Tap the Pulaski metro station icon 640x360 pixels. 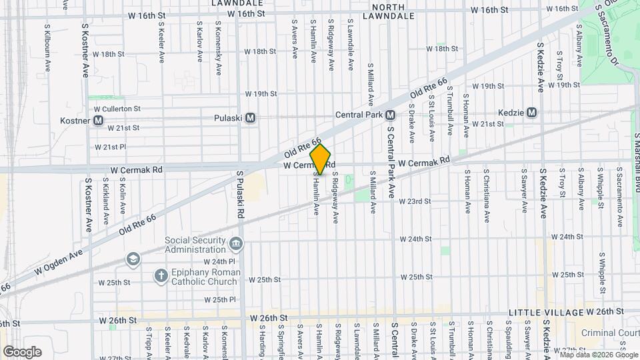coord(251,118)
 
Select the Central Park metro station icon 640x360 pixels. coord(391,115)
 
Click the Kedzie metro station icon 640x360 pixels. coord(531,113)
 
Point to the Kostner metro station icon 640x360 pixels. coord(98,121)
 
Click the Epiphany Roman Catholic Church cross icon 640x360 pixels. coord(161,275)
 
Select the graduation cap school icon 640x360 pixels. coord(133,259)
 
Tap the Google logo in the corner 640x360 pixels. coord(22,352)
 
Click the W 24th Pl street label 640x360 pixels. coord(219,262)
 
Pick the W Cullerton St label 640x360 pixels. coord(117,108)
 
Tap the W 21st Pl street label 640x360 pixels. coord(110,147)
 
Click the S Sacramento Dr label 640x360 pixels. coord(609,33)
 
